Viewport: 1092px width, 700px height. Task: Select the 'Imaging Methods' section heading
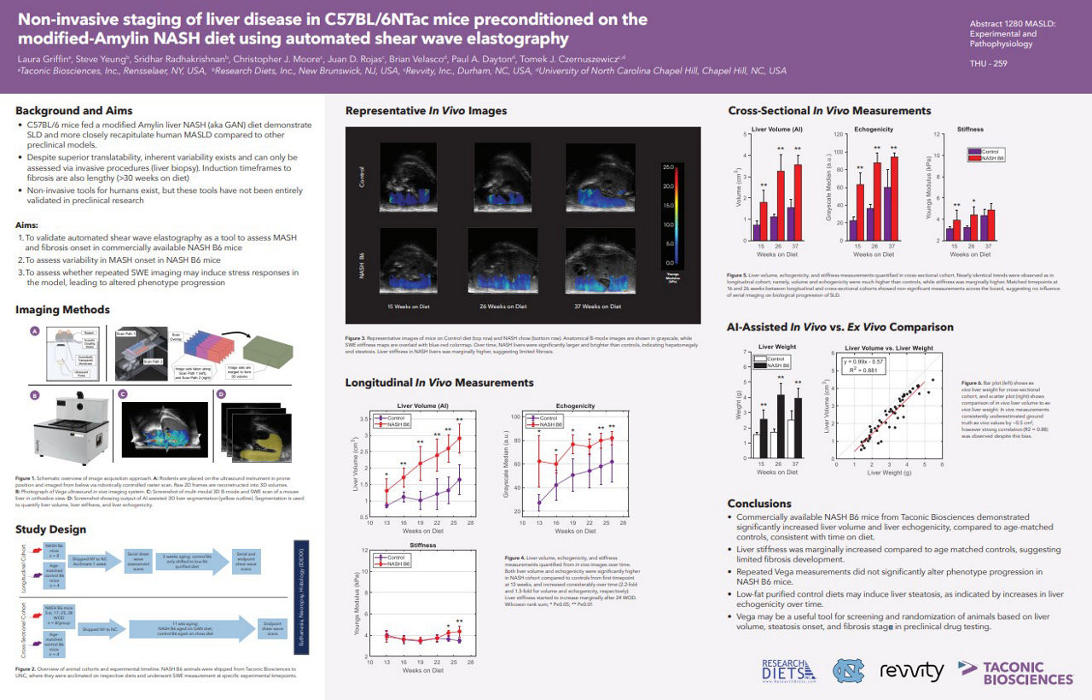pos(62,309)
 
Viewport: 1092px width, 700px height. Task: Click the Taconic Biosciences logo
pos(1015,673)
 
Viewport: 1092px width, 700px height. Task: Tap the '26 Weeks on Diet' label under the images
pos(502,306)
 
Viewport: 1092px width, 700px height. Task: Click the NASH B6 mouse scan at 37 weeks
pos(598,260)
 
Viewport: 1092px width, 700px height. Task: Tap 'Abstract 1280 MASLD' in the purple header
pos(1013,23)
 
